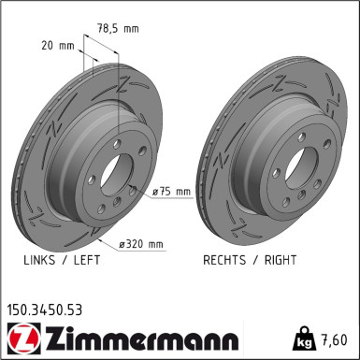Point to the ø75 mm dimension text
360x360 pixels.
click(171, 192)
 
